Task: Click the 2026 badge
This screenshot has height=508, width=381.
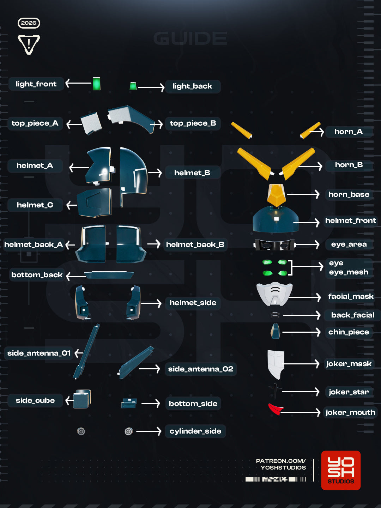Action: tap(29, 23)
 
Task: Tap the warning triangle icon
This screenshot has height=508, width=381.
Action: tap(29, 44)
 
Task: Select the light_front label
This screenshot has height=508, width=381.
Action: tap(36, 84)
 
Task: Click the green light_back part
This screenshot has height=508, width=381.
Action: tap(133, 86)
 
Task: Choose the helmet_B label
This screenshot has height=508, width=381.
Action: tap(192, 173)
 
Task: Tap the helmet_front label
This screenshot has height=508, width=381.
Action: tap(350, 220)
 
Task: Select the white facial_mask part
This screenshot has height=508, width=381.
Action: tap(274, 294)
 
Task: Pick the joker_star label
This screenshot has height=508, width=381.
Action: tap(349, 392)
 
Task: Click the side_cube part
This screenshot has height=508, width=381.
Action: tap(82, 399)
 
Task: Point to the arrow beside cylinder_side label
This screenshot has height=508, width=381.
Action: tap(149, 431)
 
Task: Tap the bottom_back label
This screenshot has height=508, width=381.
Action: tap(37, 275)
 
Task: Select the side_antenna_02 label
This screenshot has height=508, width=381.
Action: tap(201, 369)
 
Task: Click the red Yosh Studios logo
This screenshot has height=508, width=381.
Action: tap(341, 470)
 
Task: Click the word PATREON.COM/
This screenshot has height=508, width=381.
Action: tap(281, 461)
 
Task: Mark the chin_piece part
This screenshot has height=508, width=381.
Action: tap(276, 331)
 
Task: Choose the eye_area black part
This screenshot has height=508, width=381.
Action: tap(274, 245)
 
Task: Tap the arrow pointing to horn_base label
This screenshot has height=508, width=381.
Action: tap(303, 194)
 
